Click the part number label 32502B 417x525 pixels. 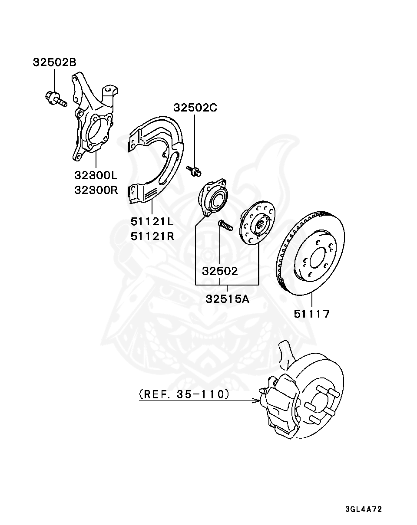pos(54,62)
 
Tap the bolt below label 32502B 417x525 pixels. pos(55,98)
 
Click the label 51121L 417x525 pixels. pos(152,222)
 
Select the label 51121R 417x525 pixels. pos(152,236)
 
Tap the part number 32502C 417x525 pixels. pos(195,108)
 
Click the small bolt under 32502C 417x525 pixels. pos(194,171)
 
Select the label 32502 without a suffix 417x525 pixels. pos(220,271)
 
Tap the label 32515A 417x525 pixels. pos(227,299)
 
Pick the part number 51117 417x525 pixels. pos(312,314)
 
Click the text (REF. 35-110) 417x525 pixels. pos(184,394)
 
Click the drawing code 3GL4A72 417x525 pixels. pos(363,509)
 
